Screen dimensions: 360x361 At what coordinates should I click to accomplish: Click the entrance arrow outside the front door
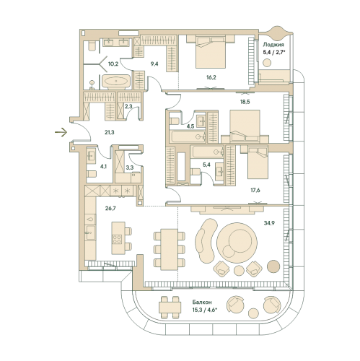(61, 132)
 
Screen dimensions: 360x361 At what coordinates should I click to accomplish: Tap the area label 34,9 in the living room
(269, 223)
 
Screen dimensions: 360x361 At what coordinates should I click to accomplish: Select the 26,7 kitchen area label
(110, 209)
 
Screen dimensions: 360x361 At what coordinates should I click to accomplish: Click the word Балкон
(202, 303)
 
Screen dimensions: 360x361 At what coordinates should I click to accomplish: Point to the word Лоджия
(273, 45)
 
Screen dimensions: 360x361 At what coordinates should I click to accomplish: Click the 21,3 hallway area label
(110, 132)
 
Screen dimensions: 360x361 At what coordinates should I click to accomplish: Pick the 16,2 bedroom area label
(211, 77)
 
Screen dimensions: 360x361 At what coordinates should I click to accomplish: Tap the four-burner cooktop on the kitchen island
(117, 239)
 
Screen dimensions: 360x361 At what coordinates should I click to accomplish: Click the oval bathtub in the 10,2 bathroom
(116, 82)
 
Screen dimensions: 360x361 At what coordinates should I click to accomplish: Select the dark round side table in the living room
(273, 266)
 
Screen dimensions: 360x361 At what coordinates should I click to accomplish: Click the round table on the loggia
(266, 63)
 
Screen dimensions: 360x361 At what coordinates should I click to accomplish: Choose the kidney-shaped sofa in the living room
(206, 240)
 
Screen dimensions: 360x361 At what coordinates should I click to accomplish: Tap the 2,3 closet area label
(128, 106)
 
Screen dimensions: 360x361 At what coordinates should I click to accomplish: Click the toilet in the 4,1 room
(92, 174)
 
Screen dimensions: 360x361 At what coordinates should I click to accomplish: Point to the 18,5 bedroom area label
(245, 102)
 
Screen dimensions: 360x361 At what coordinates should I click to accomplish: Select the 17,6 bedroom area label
(255, 191)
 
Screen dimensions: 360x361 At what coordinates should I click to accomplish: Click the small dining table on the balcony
(170, 308)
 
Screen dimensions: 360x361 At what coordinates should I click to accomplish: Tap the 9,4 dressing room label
(154, 64)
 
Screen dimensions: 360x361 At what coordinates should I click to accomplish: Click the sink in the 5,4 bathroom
(219, 172)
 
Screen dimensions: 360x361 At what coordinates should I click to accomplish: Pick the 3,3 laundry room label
(130, 168)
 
